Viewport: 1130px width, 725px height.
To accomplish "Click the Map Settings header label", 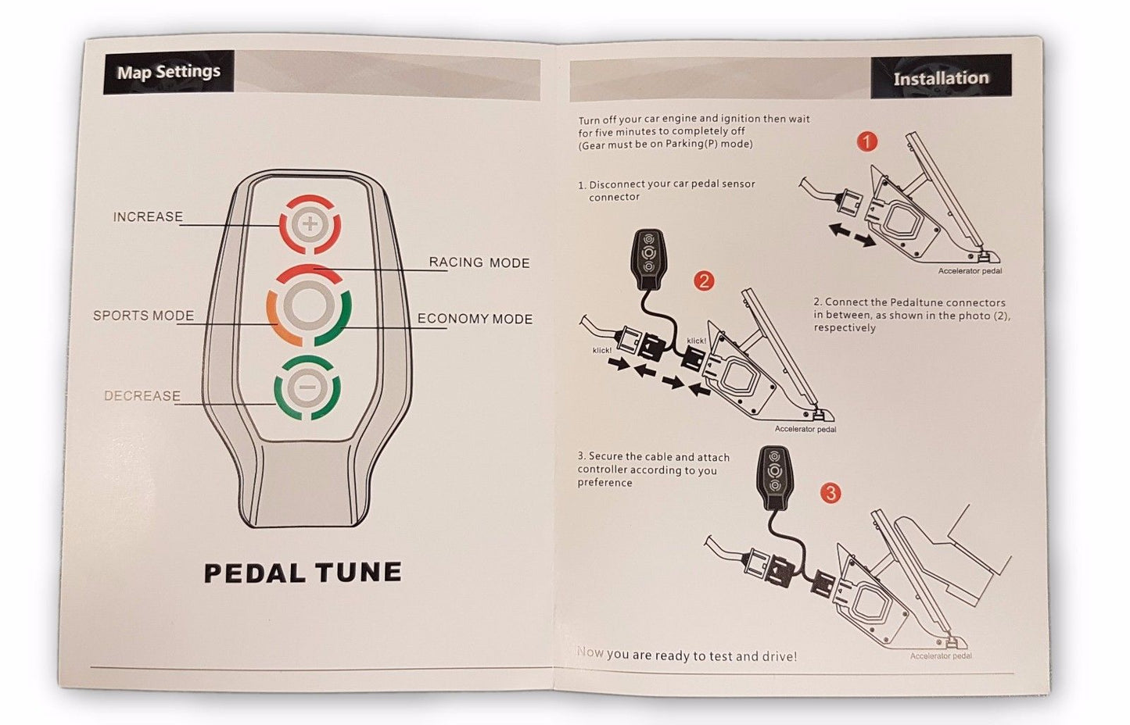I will (x=168, y=72).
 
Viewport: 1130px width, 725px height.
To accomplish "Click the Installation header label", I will (x=941, y=78).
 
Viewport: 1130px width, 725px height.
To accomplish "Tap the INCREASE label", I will (x=148, y=217).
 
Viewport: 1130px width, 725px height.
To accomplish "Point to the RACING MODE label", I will (x=479, y=262).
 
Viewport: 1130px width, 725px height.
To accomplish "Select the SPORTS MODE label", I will (x=143, y=316).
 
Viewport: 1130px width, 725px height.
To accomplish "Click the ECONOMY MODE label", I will (x=475, y=319).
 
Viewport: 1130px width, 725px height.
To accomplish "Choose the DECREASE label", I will (x=142, y=396).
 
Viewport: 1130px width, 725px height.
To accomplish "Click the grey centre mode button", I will (x=309, y=305).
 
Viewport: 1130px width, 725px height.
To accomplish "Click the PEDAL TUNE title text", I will (x=303, y=573).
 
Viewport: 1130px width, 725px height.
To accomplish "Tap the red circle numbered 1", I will (x=866, y=141).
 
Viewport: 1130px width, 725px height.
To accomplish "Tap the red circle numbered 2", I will (x=704, y=280).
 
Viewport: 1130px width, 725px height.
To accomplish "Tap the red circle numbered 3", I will (x=830, y=493).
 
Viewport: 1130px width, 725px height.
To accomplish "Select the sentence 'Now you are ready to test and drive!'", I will (x=687, y=655).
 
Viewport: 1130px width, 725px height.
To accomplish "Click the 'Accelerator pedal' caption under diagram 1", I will (x=970, y=271).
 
